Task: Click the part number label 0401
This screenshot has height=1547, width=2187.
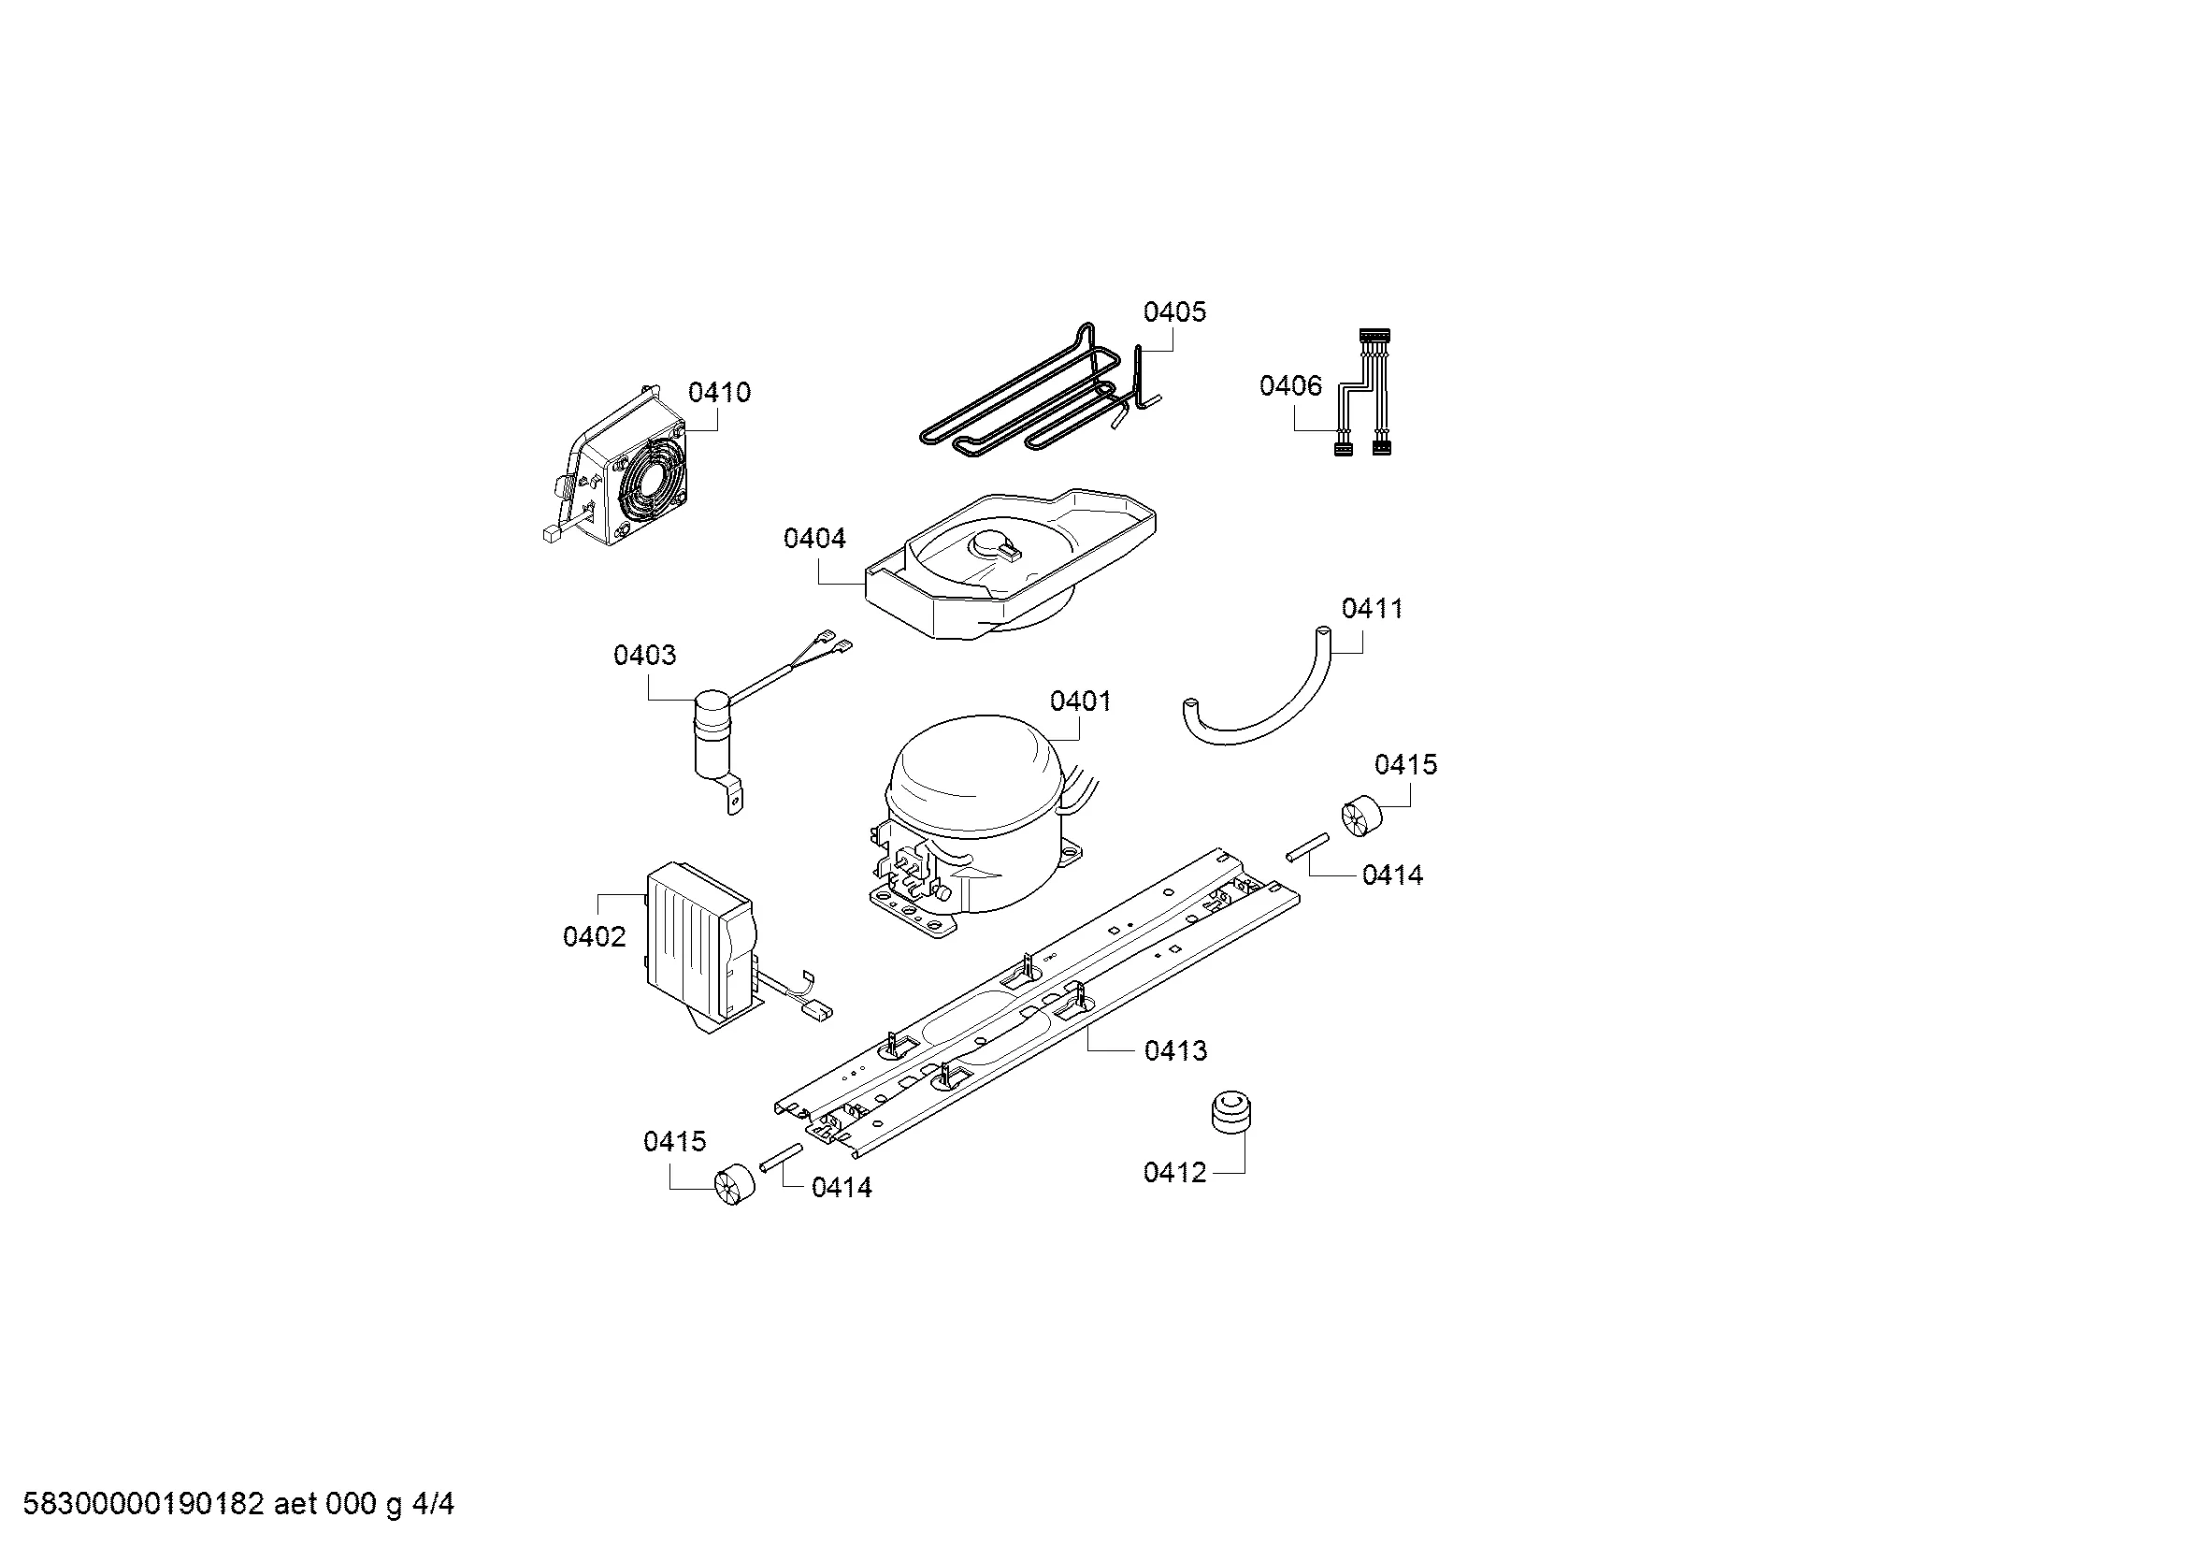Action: [x=1080, y=701]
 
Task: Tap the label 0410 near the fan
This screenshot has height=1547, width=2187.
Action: [x=719, y=393]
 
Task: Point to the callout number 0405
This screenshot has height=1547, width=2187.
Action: [x=1174, y=312]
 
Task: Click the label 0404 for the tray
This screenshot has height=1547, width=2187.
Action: [x=814, y=539]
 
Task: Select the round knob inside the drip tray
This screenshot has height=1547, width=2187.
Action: [x=995, y=543]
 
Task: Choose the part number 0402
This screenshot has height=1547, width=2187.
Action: [x=595, y=937]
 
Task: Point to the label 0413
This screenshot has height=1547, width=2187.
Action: [x=1175, y=1050]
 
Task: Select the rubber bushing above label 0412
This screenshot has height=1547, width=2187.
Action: [x=1230, y=1114]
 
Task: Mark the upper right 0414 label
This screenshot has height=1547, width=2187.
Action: [x=1392, y=875]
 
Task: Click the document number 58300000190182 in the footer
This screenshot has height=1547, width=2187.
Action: [x=142, y=1504]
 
